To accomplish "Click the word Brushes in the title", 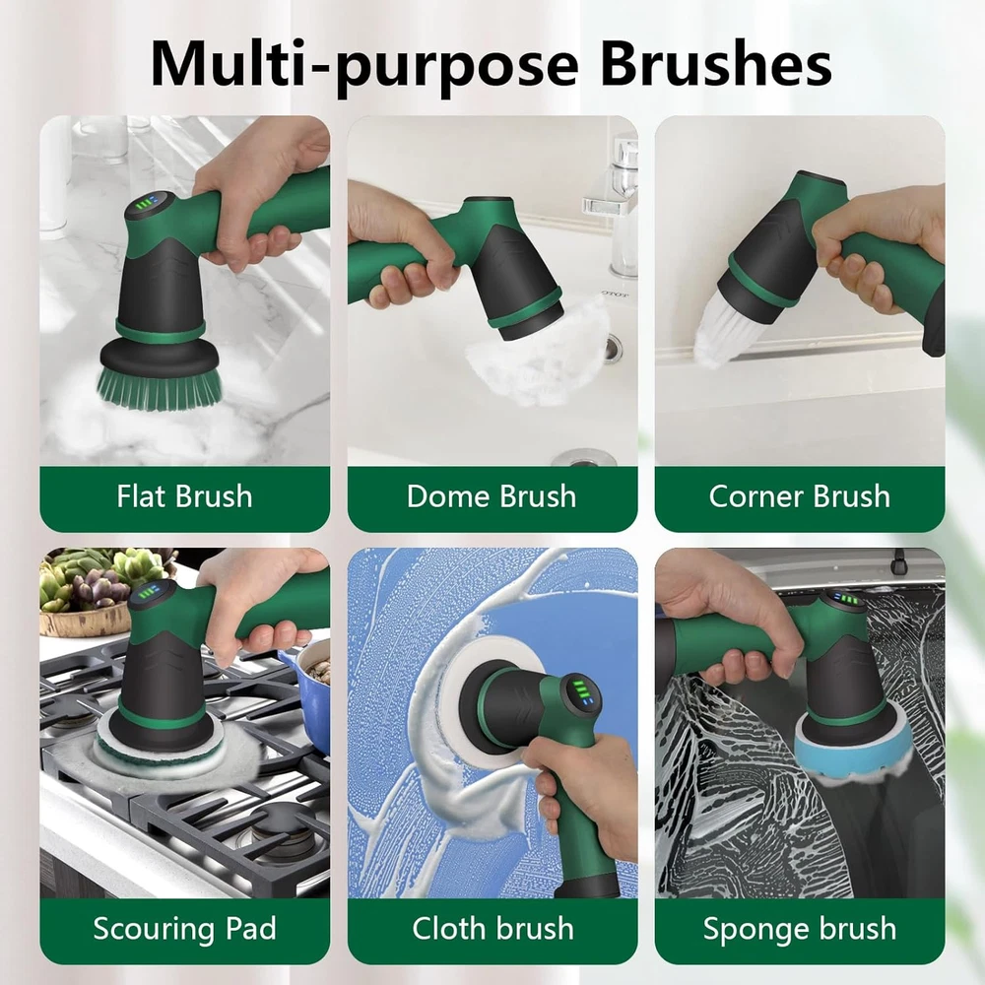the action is (716, 64).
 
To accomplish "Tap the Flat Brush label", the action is (184, 496).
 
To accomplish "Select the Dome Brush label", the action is (492, 496).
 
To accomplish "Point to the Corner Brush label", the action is (799, 496).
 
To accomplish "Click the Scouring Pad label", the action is (184, 929).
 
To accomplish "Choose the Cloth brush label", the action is (492, 929).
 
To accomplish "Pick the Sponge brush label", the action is (799, 929).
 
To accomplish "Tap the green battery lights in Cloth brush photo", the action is (583, 691).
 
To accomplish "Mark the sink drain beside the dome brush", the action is (613, 348).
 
